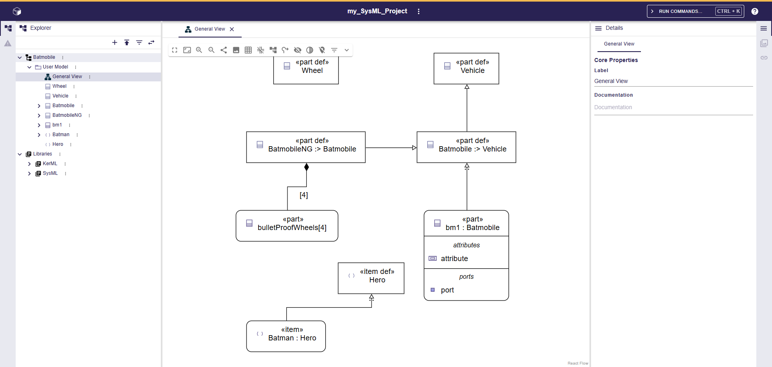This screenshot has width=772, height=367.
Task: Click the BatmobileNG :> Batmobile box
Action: pos(306,147)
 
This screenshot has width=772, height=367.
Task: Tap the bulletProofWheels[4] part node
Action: pos(287,226)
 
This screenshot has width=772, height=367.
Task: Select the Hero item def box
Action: pos(371,278)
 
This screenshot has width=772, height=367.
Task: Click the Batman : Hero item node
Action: pos(286,336)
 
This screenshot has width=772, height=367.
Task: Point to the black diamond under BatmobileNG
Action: pos(306,167)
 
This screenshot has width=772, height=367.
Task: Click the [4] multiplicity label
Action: pos(304,195)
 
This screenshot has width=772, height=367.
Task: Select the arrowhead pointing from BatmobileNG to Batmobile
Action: pos(414,148)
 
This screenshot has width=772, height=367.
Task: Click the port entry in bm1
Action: pos(447,290)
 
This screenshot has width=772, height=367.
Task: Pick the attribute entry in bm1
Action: pos(454,259)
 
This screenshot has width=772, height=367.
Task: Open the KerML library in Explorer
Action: pos(50,164)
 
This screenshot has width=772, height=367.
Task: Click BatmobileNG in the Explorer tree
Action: pos(67,115)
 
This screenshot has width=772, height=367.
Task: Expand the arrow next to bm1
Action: pos(39,125)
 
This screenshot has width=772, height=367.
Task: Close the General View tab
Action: pos(232,29)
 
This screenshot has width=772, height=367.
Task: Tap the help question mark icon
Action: pos(755,11)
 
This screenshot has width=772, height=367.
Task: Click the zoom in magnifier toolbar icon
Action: pos(199,50)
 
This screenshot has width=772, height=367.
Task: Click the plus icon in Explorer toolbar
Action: pos(115,42)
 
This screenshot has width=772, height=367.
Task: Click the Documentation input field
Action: pos(673,107)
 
